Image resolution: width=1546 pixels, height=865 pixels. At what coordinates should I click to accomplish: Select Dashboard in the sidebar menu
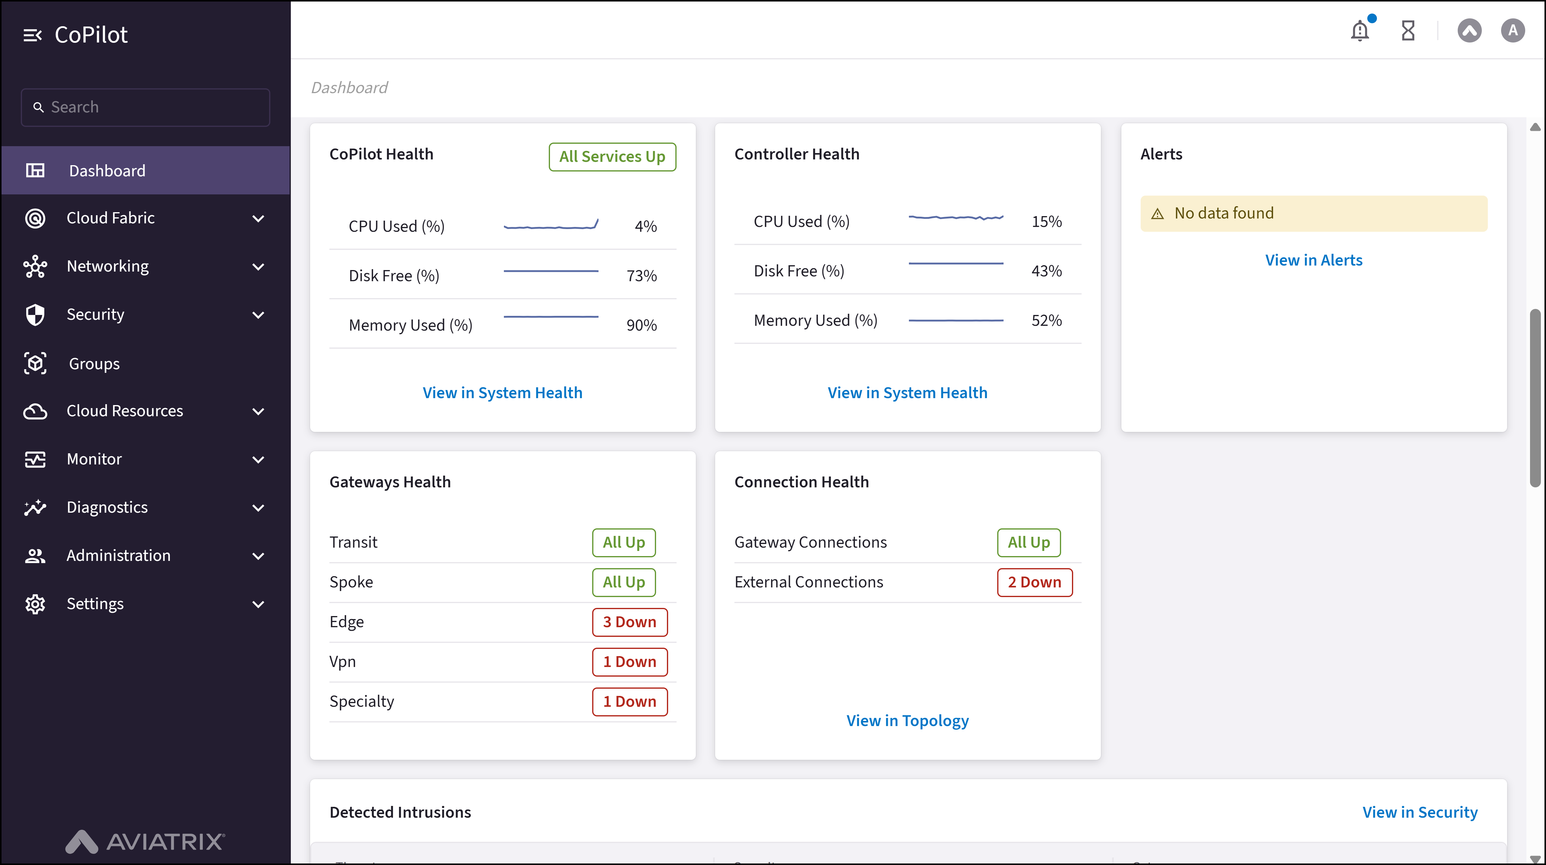[x=107, y=171]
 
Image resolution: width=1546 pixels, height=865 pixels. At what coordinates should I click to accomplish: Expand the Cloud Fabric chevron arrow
[x=258, y=219]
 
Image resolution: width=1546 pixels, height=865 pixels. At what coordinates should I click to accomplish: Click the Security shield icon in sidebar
[x=35, y=315]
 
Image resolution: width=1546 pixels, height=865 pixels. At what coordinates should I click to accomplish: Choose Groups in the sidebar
[x=94, y=364]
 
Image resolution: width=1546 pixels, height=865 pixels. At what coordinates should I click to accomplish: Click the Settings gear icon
[x=35, y=604]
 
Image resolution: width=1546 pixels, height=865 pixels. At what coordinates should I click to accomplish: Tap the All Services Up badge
[x=612, y=157]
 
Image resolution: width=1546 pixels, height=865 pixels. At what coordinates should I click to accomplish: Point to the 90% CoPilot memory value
[x=641, y=325]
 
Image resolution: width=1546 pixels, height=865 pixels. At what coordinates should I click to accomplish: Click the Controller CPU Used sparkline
[x=955, y=217]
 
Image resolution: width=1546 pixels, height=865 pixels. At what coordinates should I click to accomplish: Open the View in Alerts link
[x=1313, y=260]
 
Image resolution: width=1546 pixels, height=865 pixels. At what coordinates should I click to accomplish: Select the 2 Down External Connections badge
[x=1034, y=582]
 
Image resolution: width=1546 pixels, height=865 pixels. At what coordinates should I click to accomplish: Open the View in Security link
[x=1419, y=812]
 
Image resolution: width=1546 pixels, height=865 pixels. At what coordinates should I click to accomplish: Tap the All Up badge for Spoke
[x=624, y=582]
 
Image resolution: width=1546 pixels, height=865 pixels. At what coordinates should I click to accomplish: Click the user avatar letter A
[x=1512, y=31]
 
